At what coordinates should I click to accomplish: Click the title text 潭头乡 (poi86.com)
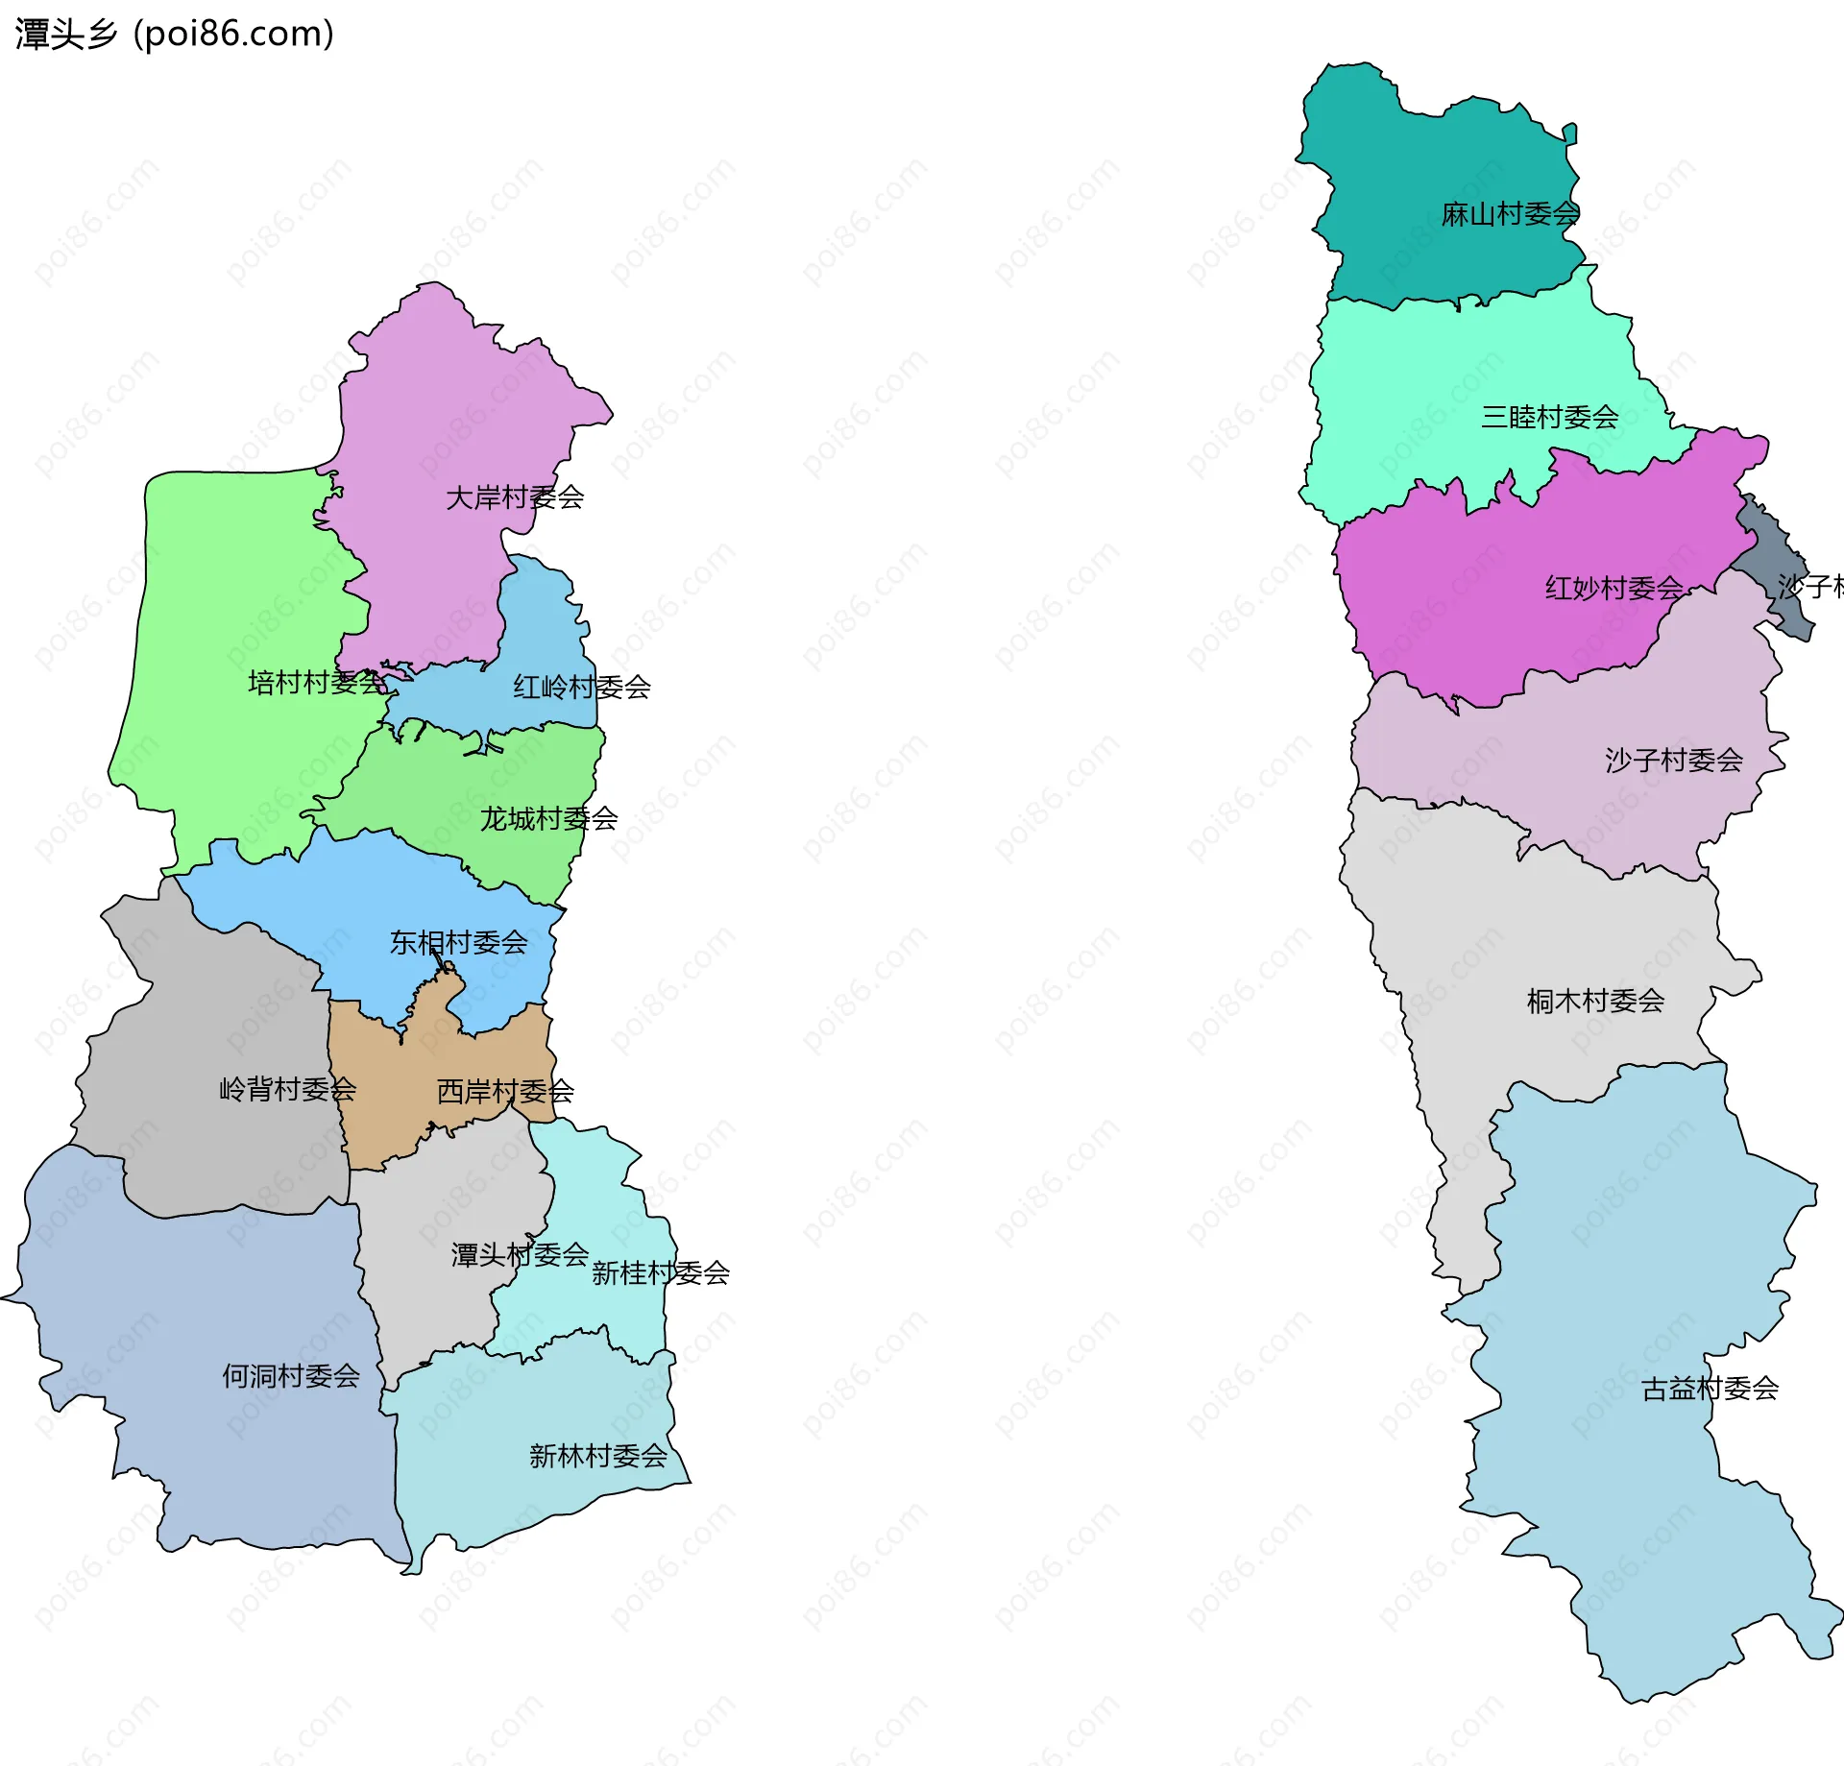click(175, 34)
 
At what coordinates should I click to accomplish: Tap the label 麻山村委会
click(1510, 214)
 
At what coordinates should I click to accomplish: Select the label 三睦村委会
click(1549, 417)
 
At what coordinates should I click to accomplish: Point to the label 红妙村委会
click(1613, 588)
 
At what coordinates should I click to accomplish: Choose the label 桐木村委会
click(1595, 1002)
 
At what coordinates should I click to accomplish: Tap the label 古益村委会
click(1710, 1389)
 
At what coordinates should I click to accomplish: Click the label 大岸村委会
click(515, 497)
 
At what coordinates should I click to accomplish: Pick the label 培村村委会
click(317, 683)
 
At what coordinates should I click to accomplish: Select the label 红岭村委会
click(581, 687)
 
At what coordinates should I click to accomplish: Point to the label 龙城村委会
click(548, 819)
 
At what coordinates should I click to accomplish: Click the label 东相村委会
click(458, 943)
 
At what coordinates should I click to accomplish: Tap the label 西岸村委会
click(505, 1092)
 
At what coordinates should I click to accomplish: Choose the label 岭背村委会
click(287, 1089)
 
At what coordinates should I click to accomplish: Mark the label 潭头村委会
click(520, 1254)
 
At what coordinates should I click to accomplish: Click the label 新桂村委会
click(660, 1273)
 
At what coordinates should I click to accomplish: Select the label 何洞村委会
click(291, 1376)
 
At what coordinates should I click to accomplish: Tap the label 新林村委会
click(597, 1456)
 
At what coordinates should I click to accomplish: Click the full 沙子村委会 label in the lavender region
click(1673, 761)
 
